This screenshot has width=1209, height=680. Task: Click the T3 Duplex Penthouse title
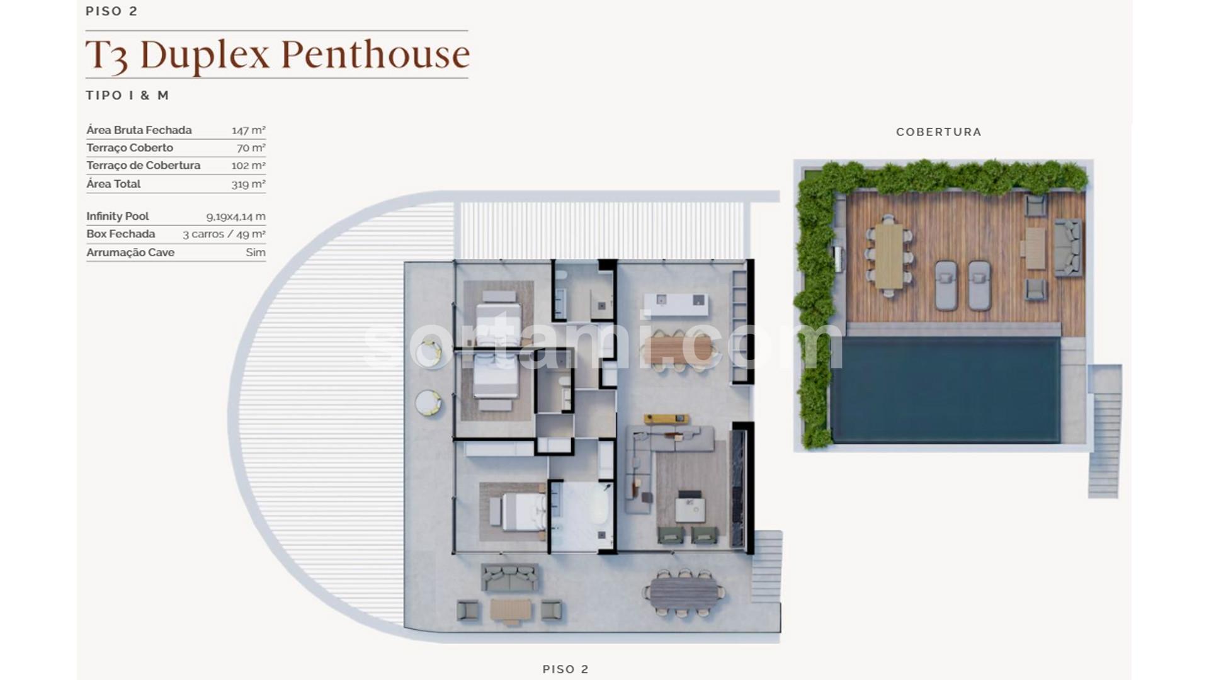pyautogui.click(x=277, y=55)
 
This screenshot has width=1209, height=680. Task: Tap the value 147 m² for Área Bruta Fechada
pyautogui.click(x=248, y=130)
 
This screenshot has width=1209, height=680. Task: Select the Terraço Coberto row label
pyautogui.click(x=130, y=148)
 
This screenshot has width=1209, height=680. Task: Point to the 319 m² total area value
pyautogui.click(x=248, y=184)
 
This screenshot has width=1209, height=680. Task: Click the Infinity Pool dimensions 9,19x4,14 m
pyautogui.click(x=236, y=217)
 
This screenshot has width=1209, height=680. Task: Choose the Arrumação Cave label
pyautogui.click(x=130, y=252)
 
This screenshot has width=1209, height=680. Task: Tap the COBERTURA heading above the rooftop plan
pyautogui.click(x=939, y=132)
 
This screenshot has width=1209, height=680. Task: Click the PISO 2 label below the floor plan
pyautogui.click(x=565, y=669)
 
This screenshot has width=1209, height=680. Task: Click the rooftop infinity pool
pyautogui.click(x=945, y=390)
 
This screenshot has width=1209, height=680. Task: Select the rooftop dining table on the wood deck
pyautogui.click(x=888, y=256)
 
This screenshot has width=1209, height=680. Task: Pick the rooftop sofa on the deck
pyautogui.click(x=1068, y=247)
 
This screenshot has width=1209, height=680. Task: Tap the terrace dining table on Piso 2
pyautogui.click(x=684, y=592)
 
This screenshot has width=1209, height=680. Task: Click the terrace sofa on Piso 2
pyautogui.click(x=510, y=577)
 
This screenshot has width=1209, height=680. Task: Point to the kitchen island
pyautogui.click(x=679, y=305)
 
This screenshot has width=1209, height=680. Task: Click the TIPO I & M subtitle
pyautogui.click(x=128, y=96)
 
